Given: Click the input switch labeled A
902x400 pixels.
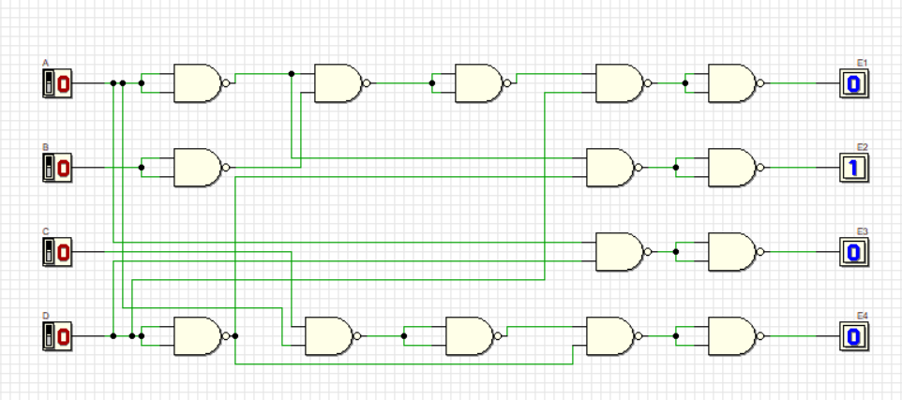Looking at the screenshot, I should pyautogui.click(x=57, y=84).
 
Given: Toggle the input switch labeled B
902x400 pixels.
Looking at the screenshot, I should pyautogui.click(x=57, y=169).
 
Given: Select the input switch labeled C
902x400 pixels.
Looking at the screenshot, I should pyautogui.click(x=57, y=252).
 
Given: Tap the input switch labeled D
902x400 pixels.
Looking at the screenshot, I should pyautogui.click(x=57, y=335).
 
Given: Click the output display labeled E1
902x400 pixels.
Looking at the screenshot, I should pyautogui.click(x=854, y=84).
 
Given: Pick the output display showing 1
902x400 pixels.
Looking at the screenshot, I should pyautogui.click(x=854, y=169).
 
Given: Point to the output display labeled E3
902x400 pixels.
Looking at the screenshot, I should pyautogui.click(x=854, y=252).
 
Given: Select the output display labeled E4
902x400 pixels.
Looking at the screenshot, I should pyautogui.click(x=854, y=335).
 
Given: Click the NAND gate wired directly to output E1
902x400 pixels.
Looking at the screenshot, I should pyautogui.click(x=731, y=83).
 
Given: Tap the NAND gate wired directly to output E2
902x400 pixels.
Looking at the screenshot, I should pyautogui.click(x=731, y=168).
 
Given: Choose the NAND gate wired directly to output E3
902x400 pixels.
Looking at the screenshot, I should pyautogui.click(x=731, y=252).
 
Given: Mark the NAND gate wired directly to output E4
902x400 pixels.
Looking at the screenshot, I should pyautogui.click(x=731, y=335).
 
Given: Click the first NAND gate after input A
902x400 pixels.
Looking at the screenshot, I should pyautogui.click(x=197, y=83).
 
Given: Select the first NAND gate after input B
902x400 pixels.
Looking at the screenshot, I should pyautogui.click(x=197, y=168).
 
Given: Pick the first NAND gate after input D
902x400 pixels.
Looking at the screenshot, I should pyautogui.click(x=197, y=335).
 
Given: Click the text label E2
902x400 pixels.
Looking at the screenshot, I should pyautogui.click(x=862, y=147).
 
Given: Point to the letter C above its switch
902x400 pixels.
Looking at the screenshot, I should pyautogui.click(x=45, y=230).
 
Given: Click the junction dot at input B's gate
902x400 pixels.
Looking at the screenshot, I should pyautogui.click(x=142, y=168).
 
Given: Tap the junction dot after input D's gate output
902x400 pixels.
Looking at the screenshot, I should pyautogui.click(x=235, y=335).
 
